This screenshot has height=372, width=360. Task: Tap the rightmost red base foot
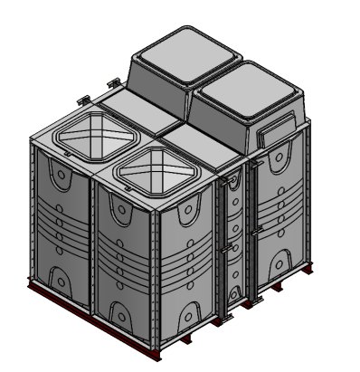[x=308, y=268]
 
